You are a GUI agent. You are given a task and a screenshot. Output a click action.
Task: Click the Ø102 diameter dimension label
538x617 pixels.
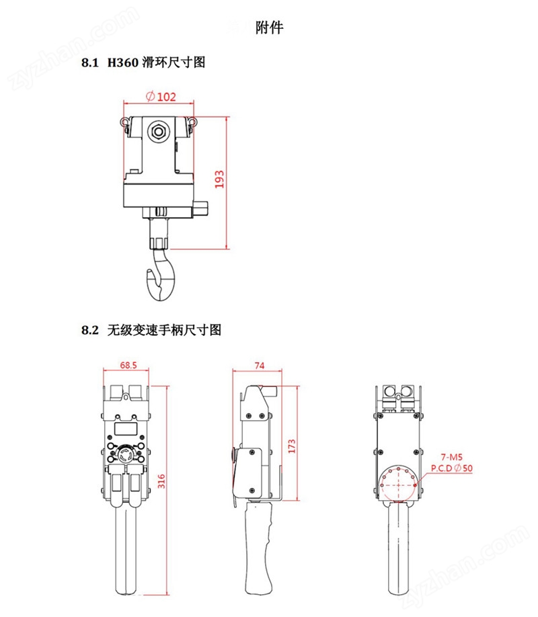click(161, 96)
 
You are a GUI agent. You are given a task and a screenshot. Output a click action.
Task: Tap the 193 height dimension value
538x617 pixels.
click(219, 179)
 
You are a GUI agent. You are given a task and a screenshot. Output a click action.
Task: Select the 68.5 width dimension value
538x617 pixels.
click(128, 365)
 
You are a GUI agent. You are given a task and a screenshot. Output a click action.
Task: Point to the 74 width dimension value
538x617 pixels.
click(259, 366)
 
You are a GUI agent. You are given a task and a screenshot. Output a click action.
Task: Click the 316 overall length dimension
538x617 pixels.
click(161, 481)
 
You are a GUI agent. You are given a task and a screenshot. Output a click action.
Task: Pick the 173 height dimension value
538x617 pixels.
click(291, 446)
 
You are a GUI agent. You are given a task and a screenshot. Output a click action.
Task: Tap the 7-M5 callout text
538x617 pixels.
click(451, 457)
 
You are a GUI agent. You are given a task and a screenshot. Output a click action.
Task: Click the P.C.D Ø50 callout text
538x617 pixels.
click(451, 468)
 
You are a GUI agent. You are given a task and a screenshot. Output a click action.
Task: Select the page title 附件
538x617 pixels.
click(270, 28)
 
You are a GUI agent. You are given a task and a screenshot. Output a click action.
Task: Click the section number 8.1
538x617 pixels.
click(90, 63)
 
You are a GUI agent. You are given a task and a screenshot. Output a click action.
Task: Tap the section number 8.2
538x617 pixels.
click(90, 330)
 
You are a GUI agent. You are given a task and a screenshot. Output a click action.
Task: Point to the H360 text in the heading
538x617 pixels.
click(123, 63)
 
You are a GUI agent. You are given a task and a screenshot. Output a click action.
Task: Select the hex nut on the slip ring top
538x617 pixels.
click(158, 131)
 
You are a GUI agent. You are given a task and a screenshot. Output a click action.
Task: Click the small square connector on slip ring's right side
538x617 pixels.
click(200, 208)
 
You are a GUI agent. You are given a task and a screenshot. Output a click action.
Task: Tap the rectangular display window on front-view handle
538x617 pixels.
click(126, 429)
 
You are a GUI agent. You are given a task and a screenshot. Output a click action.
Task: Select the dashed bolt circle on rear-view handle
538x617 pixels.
click(398, 485)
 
